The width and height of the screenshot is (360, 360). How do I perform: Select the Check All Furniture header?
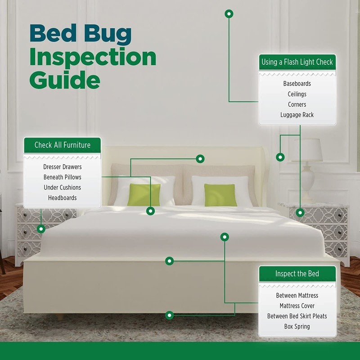(62, 145)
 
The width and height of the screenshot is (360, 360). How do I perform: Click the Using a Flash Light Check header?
(297, 62)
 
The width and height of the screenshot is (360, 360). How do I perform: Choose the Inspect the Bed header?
(297, 274)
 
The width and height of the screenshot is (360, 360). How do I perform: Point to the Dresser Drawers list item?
(62, 167)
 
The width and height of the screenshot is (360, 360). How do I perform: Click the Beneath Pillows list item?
(62, 177)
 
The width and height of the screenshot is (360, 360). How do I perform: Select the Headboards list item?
(62, 198)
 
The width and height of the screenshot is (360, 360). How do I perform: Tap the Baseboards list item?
(297, 84)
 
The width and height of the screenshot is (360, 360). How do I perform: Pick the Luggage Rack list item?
(297, 115)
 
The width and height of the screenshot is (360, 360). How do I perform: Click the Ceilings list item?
(297, 94)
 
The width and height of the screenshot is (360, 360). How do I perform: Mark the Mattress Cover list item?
(297, 306)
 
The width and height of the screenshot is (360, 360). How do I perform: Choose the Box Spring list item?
(297, 327)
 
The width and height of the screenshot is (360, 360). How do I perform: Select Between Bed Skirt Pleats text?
(297, 316)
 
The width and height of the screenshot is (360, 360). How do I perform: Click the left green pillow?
(144, 194)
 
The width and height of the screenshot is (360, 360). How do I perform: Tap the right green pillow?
(220, 194)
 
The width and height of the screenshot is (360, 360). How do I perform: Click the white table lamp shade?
(307, 150)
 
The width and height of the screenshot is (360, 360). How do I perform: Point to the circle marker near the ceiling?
(229, 14)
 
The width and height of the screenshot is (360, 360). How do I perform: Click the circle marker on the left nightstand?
(41, 229)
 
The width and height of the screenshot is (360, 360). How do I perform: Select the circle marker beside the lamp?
(280, 157)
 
